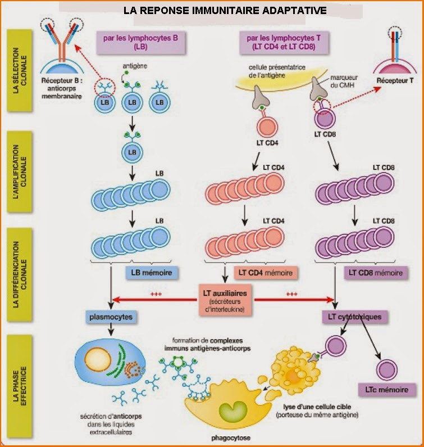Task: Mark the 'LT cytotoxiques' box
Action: click(x=354, y=317)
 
